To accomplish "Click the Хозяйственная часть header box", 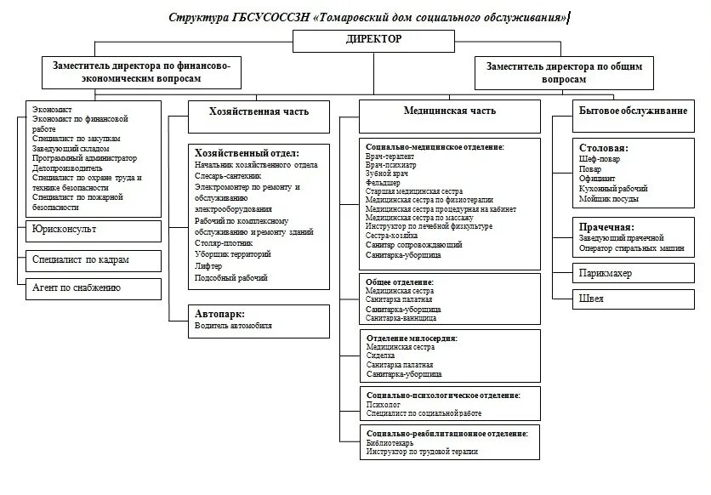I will (x=259, y=111).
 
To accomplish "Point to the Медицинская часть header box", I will (x=449, y=111).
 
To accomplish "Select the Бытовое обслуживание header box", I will (x=633, y=111).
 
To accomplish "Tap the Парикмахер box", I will (x=606, y=273).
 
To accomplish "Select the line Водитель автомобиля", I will (x=233, y=326).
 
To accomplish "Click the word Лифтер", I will (x=207, y=266).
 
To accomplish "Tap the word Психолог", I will (x=384, y=405).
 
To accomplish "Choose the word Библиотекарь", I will (x=390, y=443).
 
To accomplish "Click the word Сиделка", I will (x=380, y=356).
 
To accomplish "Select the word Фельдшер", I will (x=383, y=183).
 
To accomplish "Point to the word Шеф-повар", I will (x=600, y=158).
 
